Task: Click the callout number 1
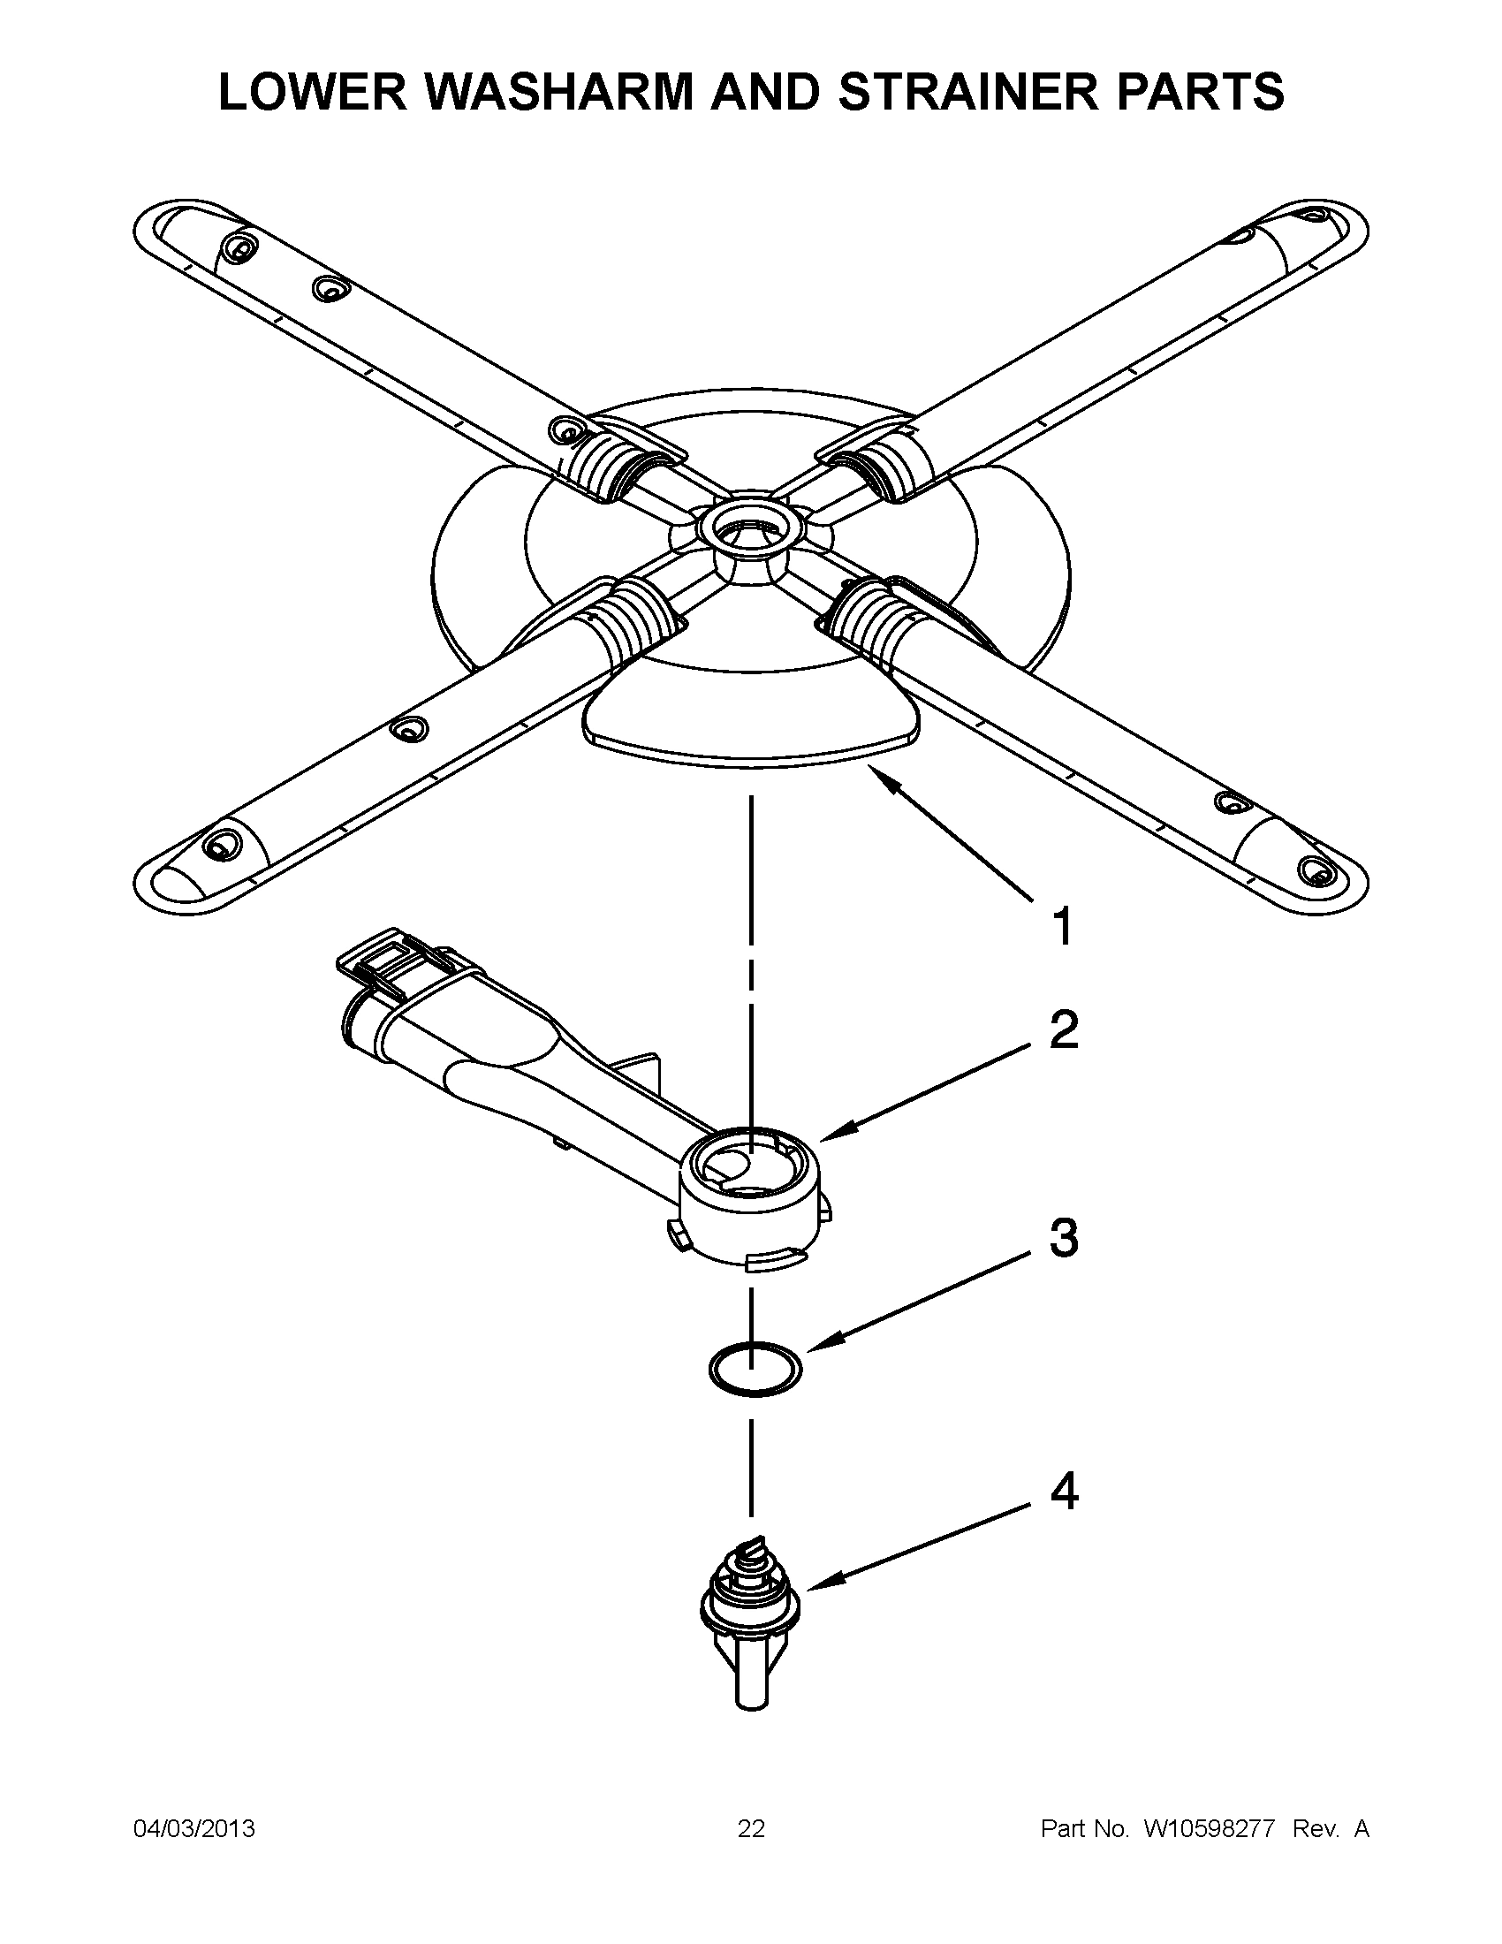(1062, 927)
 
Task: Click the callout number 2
(1062, 1030)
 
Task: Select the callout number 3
(1062, 1238)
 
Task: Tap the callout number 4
(1062, 1491)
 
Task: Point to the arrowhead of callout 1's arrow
(876, 771)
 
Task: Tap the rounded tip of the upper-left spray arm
(164, 230)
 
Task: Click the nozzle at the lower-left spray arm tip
(219, 845)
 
